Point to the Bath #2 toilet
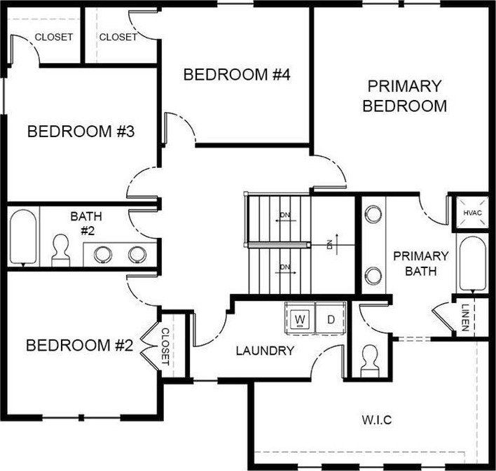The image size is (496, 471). point(61,250)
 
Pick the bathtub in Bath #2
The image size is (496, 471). point(22,236)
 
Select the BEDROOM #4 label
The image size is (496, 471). point(236,75)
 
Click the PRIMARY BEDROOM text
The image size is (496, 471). point(405,96)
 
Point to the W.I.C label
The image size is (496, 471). point(376,420)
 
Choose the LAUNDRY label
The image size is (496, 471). point(265,351)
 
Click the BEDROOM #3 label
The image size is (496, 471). point(81,131)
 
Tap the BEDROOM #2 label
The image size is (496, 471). point(79,345)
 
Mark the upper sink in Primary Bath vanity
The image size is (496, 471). point(373,213)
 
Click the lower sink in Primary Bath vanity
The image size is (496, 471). point(373,274)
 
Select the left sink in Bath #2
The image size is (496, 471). point(103,254)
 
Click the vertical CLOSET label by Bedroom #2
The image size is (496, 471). point(166,346)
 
